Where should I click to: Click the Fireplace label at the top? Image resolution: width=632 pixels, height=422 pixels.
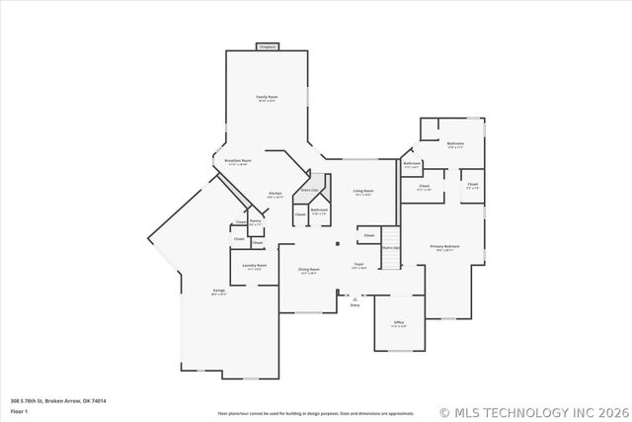tap(267, 45)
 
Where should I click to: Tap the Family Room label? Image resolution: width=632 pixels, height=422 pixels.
tap(267, 98)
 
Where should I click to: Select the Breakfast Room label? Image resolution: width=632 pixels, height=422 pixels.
tap(238, 161)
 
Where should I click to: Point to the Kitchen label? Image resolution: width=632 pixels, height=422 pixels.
tap(276, 194)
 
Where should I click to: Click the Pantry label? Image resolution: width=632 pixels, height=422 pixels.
tap(255, 222)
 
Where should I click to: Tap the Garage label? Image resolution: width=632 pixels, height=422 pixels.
tap(218, 292)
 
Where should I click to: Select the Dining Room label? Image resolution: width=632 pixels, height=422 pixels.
tap(309, 270)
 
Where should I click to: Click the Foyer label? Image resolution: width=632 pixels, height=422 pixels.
tap(359, 265)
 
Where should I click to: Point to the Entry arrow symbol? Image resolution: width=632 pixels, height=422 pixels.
tap(355, 297)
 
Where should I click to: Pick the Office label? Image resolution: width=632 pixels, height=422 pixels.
tap(398, 323)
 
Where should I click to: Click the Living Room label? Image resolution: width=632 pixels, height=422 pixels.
tap(363, 192)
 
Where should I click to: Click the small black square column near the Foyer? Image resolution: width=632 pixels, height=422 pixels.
tap(338, 242)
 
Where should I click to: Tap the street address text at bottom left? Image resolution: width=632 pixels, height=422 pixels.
tap(58, 400)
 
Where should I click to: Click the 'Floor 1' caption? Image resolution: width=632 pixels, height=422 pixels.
tap(20, 411)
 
